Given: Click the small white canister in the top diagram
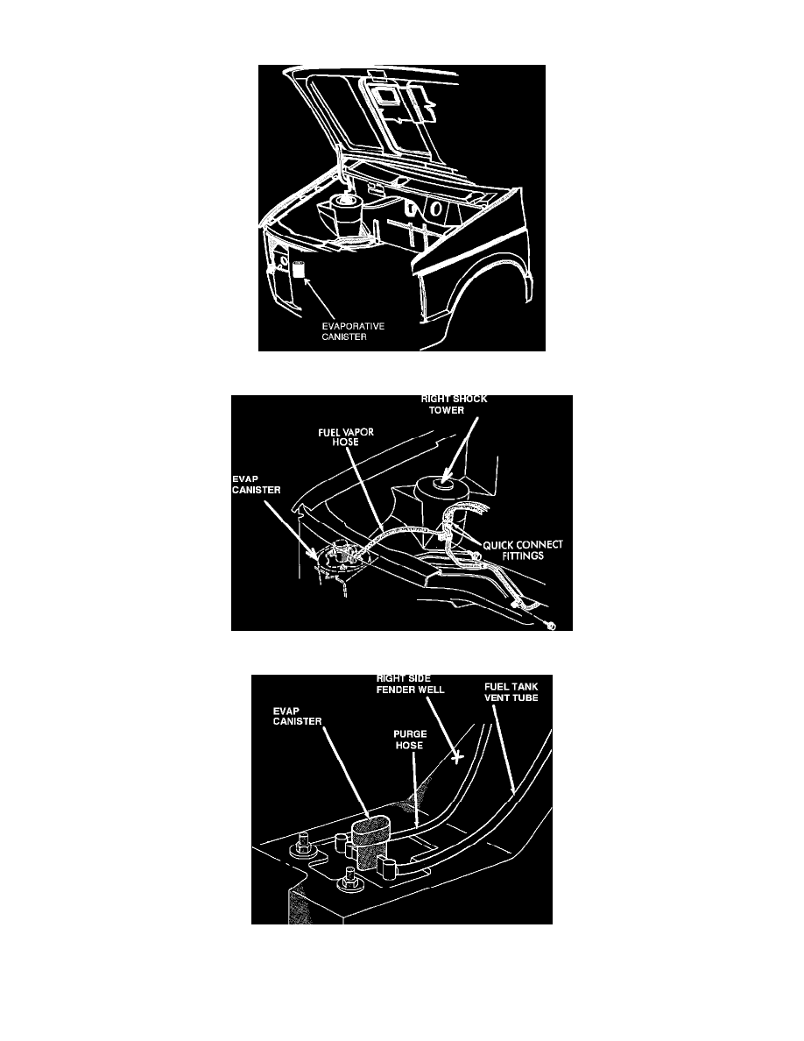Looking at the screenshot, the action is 299,270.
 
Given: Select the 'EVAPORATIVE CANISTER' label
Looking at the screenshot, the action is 353,331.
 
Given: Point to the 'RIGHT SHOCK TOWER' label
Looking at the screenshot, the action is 454,404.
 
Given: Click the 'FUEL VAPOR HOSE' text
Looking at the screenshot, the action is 346,437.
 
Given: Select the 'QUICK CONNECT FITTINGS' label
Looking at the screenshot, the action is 523,549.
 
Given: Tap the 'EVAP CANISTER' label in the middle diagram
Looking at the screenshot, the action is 256,485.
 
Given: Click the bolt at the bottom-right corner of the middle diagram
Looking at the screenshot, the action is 551,626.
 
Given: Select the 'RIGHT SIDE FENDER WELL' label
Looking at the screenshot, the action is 410,684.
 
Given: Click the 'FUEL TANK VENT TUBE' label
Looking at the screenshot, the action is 511,691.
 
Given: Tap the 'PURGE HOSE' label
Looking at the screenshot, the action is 410,740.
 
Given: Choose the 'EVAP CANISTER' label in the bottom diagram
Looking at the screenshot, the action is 297,716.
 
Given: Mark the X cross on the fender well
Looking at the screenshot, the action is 456,757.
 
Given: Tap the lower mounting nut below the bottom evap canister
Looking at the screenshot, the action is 346,881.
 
